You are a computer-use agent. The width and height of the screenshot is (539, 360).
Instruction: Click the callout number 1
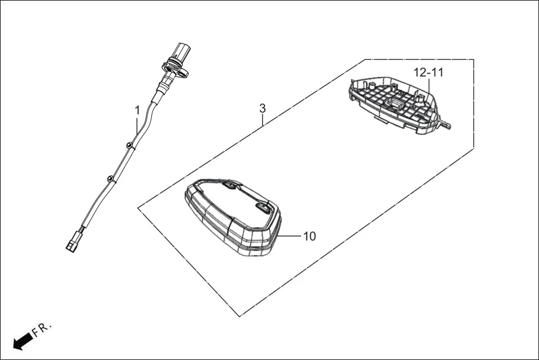pyautogui.click(x=137, y=111)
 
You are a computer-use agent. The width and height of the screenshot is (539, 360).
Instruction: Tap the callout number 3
pyautogui.click(x=263, y=108)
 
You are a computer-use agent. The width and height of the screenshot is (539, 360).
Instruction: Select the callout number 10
pyautogui.click(x=309, y=236)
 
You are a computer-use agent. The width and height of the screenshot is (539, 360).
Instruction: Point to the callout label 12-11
pyautogui.click(x=428, y=73)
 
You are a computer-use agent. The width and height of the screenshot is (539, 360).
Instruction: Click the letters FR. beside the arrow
pyautogui.click(x=41, y=330)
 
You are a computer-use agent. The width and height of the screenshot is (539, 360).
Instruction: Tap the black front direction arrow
pyautogui.click(x=23, y=342)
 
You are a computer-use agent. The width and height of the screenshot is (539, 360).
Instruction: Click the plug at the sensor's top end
pyautogui.click(x=182, y=51)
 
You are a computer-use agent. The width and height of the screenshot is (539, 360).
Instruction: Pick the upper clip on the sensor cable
pyautogui.click(x=129, y=145)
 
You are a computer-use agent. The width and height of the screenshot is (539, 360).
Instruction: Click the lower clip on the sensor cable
pyautogui.click(x=110, y=179)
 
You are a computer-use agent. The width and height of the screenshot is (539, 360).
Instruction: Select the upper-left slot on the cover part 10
pyautogui.click(x=230, y=185)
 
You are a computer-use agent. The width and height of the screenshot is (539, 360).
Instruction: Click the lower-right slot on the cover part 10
pyautogui.click(x=263, y=207)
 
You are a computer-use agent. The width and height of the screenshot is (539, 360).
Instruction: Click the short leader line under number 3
pyautogui.click(x=263, y=120)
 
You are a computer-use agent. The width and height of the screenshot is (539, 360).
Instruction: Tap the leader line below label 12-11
pyautogui.click(x=428, y=90)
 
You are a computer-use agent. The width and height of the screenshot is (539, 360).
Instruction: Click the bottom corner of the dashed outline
pyautogui.click(x=240, y=316)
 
